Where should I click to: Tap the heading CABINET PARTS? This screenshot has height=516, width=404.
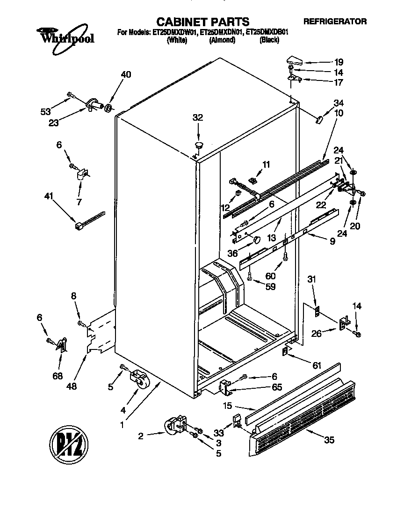(202, 22)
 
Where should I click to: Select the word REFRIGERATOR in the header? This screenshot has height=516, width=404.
(335, 21)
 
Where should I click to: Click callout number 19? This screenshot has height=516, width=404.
(339, 62)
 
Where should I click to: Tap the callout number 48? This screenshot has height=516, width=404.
(72, 386)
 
